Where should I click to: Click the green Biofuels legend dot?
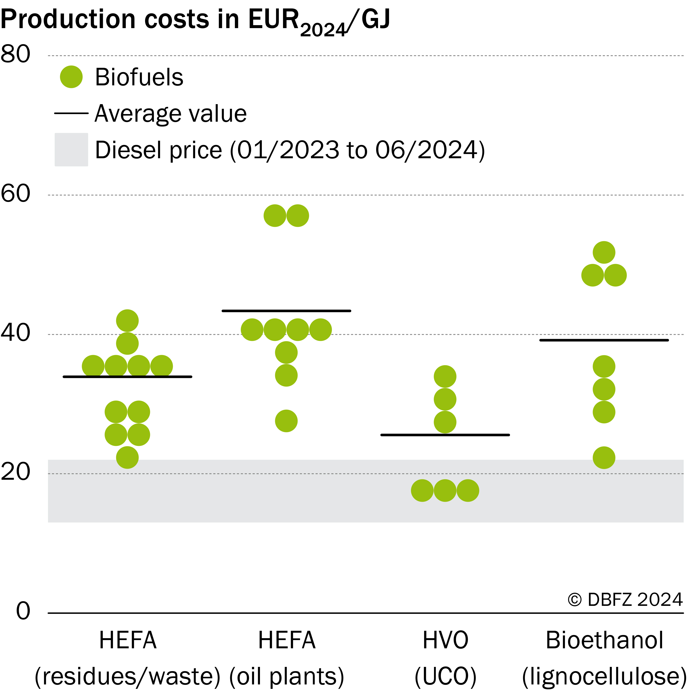click(71, 77)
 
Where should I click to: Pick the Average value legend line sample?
click(71, 113)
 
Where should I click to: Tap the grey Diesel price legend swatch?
click(71, 149)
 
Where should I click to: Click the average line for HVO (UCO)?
click(445, 435)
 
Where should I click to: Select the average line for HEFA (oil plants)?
click(286, 311)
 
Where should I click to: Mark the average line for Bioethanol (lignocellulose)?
click(604, 340)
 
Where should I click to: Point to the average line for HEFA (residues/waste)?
click(127, 377)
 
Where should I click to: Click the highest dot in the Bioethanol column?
click(604, 252)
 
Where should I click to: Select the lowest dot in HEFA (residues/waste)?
click(127, 457)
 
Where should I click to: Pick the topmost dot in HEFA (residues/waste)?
click(127, 320)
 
